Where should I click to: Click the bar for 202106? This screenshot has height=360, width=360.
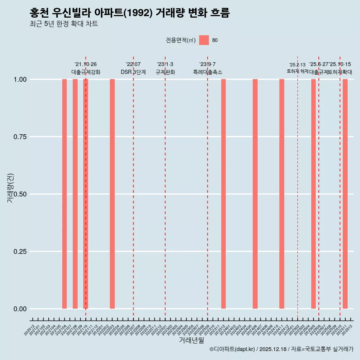coord(64,194)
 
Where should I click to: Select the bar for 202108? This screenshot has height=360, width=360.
coord(75,194)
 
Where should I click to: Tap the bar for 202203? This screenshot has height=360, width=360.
coord(112,194)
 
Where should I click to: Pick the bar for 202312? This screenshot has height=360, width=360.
coord(223,194)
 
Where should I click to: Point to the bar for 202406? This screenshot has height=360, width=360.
coord(255,194)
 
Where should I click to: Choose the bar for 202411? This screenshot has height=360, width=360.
coord(282,194)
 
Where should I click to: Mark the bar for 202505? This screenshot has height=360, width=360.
coord(313,194)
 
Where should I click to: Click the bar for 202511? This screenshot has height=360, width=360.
coord(345,194)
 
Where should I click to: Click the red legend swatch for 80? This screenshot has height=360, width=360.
coord(204,40)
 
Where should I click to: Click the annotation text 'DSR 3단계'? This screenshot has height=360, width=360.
coord(133,72)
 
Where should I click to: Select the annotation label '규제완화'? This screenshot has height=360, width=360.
coord(165,72)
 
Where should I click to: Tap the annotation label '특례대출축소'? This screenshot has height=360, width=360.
coord(207,72)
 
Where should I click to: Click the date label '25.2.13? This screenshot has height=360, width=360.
coord(297,65)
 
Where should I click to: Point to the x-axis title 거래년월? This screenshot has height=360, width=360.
coord(192,340)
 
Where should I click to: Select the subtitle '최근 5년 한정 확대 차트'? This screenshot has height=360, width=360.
coord(64,24)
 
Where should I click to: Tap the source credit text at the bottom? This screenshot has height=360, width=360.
coord(281,349)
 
